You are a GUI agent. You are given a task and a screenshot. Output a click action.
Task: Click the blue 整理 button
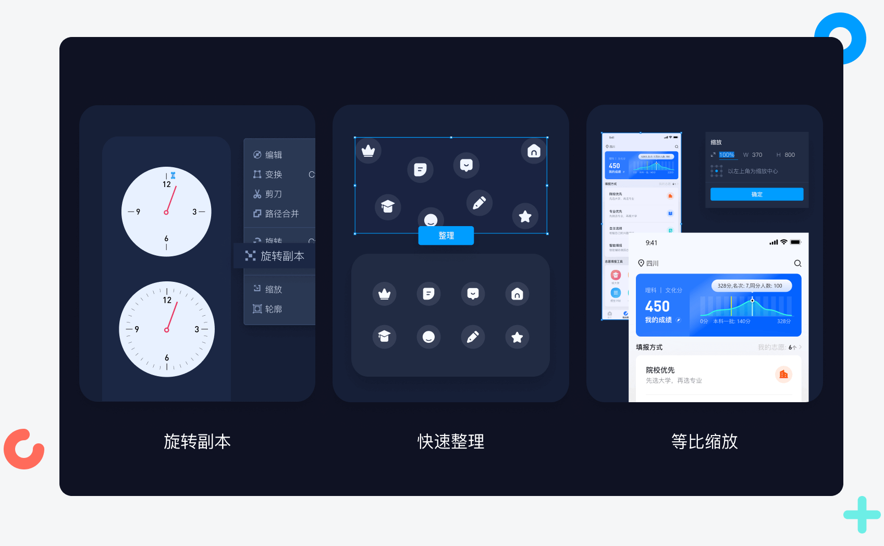[x=446, y=235]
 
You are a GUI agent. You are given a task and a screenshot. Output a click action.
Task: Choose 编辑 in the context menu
[x=273, y=155]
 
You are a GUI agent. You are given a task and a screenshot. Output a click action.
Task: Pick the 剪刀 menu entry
[x=273, y=194]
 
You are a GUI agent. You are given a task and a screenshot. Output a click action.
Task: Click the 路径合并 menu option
[x=281, y=214]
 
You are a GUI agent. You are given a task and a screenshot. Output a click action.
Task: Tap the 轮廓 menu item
[x=273, y=309]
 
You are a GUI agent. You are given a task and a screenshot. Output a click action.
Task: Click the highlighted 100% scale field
[x=727, y=155]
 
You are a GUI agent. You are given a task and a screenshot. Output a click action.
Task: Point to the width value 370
[x=757, y=155]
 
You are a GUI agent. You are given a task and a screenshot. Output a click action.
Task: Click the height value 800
[x=790, y=155]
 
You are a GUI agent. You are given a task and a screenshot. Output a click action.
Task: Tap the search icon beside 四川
[x=797, y=264]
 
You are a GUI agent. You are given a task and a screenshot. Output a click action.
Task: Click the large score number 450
[x=657, y=306]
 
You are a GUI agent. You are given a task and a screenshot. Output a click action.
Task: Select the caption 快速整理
[x=451, y=442]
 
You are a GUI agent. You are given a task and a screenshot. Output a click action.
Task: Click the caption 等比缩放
[x=704, y=442]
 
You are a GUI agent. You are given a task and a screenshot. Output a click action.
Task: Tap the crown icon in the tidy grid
[x=385, y=294]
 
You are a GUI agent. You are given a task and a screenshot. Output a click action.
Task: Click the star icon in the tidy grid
[x=517, y=337]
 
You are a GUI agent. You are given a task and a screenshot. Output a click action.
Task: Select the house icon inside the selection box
[x=534, y=151]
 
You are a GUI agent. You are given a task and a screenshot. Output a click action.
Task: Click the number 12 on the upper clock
[x=167, y=184]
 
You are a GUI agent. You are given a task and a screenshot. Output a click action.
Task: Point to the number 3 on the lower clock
[x=197, y=329]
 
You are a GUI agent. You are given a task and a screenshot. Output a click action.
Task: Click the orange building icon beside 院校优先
[x=783, y=375]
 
